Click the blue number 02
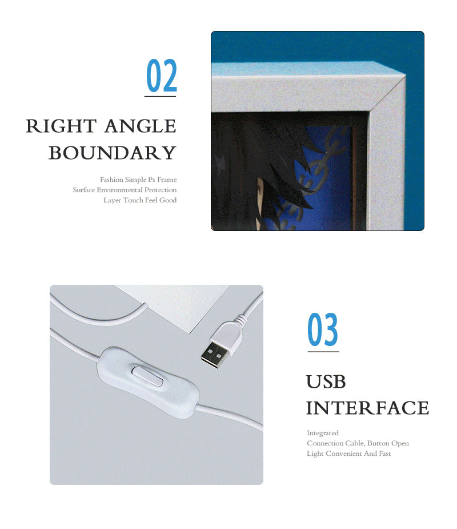[x=162, y=75]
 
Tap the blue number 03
[x=323, y=329]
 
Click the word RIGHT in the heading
[x=61, y=126]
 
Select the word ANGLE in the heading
[x=140, y=126]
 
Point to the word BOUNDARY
[x=112, y=153]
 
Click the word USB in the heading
[x=326, y=381]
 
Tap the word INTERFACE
[x=367, y=408]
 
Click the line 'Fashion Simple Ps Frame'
[x=138, y=180]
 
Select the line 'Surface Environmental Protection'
[x=125, y=190]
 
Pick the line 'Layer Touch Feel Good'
[x=140, y=200]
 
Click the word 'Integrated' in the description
[x=323, y=433]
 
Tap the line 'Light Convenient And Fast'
[x=349, y=454]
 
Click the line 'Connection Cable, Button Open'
[x=358, y=443]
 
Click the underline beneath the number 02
[x=161, y=97]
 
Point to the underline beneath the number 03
[x=323, y=352]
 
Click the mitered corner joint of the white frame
[x=387, y=94]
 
